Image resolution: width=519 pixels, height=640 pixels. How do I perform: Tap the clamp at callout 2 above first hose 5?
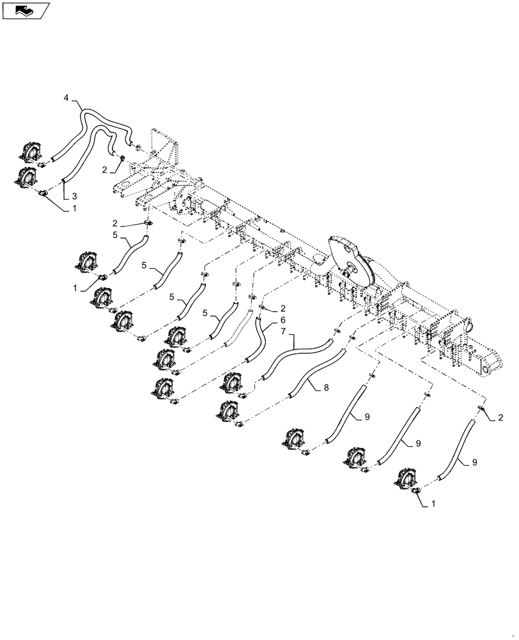(x=148, y=223)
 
